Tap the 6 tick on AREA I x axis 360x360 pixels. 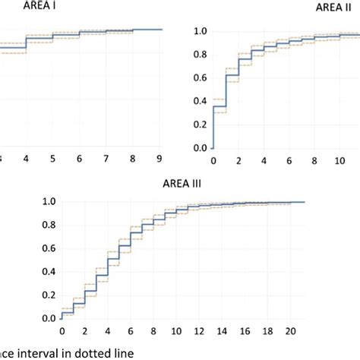point(80,157)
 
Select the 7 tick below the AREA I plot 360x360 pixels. point(106,157)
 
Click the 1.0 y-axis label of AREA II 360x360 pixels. point(200,31)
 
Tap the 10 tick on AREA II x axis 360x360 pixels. point(338,161)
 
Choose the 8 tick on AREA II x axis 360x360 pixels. point(314,161)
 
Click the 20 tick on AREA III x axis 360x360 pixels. point(289,331)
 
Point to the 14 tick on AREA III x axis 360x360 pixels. point(221,331)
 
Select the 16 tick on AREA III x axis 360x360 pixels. point(244,331)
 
